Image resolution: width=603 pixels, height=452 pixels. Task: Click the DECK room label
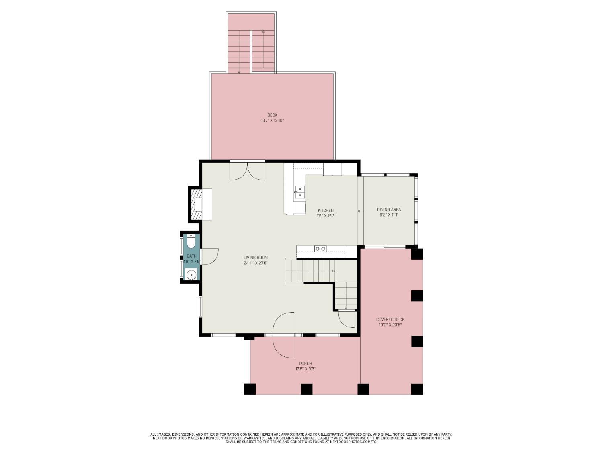272,115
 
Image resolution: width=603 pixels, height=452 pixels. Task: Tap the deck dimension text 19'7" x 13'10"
272,121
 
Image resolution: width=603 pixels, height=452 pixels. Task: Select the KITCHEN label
325,210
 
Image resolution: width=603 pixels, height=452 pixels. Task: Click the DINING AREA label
389,209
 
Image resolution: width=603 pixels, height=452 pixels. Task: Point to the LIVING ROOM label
255,258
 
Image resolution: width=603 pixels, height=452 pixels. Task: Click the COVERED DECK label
390,319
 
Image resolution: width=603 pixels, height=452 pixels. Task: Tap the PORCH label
305,364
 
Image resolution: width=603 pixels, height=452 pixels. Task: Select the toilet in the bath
191,242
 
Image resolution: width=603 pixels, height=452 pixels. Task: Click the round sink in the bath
192,275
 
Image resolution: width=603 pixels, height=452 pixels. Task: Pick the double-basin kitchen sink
299,192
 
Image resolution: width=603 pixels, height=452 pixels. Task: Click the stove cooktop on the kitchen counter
320,249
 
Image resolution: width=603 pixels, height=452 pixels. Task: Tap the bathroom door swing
209,256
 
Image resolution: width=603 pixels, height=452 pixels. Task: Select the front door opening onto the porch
284,335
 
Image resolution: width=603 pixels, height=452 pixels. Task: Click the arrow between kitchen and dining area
358,211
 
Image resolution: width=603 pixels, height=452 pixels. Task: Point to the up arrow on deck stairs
263,31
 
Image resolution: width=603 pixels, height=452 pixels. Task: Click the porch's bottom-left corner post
250,389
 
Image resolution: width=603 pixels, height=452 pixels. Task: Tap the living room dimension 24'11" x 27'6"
255,263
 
